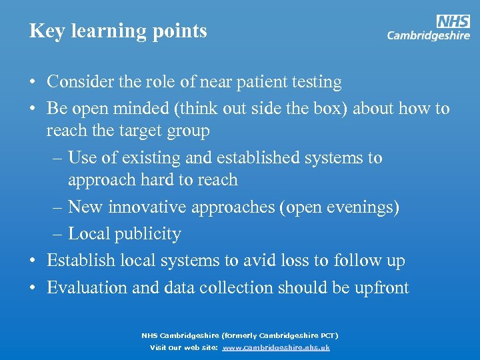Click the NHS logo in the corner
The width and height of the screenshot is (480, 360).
pyautogui.click(x=453, y=21)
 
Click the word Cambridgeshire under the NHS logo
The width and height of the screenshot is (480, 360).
pyautogui.click(x=428, y=36)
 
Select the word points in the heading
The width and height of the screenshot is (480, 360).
pyautogui.click(x=181, y=31)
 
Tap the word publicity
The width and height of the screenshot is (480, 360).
pyautogui.click(x=147, y=235)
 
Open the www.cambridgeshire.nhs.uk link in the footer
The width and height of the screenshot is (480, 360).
pyautogui.click(x=276, y=347)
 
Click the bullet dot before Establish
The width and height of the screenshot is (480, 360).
pyautogui.click(x=33, y=261)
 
